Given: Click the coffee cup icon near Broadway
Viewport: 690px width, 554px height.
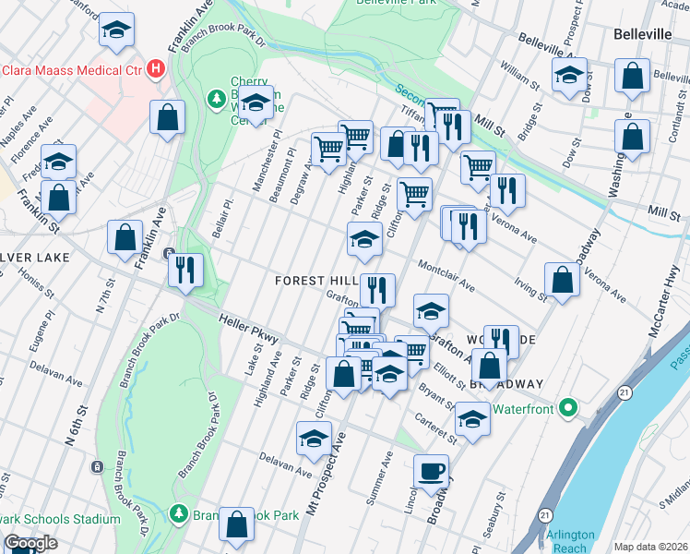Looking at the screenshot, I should click(x=431, y=473).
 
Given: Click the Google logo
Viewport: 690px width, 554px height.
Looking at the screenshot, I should click(x=30, y=543).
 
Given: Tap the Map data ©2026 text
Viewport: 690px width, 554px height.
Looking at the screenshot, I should click(x=650, y=547).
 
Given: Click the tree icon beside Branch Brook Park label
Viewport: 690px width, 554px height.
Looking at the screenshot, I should click(x=179, y=514).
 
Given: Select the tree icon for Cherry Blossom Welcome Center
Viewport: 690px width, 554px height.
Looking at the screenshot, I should click(x=216, y=97).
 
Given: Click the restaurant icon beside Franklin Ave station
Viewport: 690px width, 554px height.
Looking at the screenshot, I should click(x=185, y=270).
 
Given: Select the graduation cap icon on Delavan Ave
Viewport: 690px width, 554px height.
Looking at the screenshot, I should click(x=314, y=438).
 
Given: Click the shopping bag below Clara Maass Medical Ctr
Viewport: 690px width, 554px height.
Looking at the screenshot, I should click(x=167, y=117).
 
